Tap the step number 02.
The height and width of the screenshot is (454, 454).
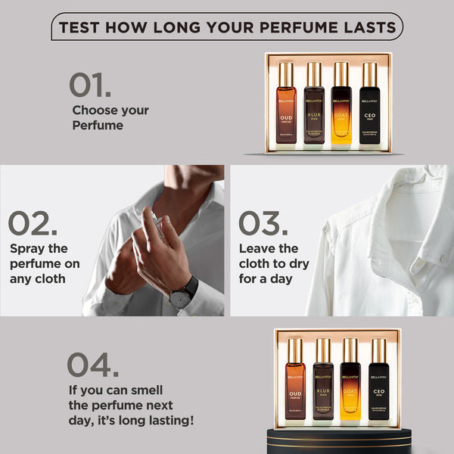(x=33, y=224)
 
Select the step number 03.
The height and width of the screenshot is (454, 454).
(x=263, y=224)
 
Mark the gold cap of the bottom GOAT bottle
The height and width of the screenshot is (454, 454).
(x=351, y=350)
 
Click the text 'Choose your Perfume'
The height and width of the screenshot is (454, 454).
(x=110, y=117)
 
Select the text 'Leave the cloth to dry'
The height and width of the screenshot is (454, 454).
(x=278, y=255)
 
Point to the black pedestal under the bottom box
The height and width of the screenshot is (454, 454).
(x=337, y=440)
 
